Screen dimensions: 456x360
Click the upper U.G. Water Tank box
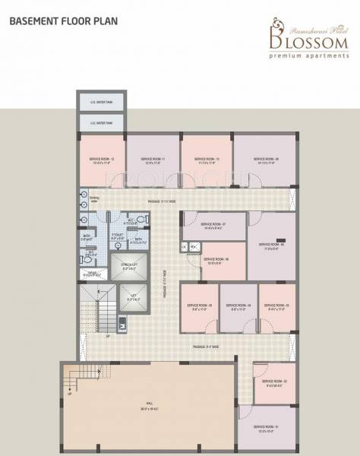[100, 103]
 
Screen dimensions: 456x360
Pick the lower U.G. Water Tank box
[100, 122]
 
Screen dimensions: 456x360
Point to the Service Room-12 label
[102, 158]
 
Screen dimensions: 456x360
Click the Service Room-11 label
[153, 159]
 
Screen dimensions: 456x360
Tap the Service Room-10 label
[207, 159]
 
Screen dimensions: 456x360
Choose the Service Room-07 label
[213, 224]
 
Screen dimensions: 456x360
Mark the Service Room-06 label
[216, 259]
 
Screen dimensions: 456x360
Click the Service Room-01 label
[266, 428]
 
